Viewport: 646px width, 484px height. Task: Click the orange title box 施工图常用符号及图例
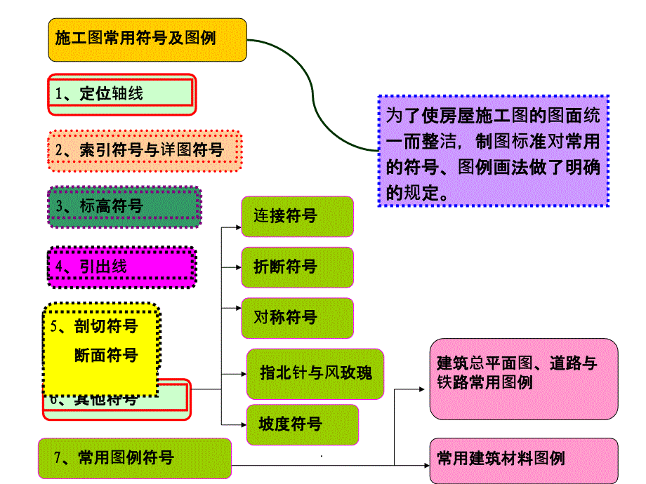[x=147, y=39]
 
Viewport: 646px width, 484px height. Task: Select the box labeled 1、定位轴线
[x=121, y=94]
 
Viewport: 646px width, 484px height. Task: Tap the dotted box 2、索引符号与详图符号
[x=145, y=150]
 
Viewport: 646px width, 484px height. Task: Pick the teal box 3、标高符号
[x=124, y=206]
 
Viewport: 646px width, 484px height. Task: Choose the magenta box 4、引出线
[x=121, y=267]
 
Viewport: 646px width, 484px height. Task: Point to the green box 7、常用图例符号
[x=134, y=459]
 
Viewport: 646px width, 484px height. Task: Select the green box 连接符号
[x=297, y=216]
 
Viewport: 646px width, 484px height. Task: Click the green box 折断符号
[x=297, y=267]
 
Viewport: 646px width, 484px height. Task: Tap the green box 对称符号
[x=297, y=318]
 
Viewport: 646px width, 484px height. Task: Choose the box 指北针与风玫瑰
[x=315, y=372]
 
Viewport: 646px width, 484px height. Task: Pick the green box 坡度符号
[x=302, y=424]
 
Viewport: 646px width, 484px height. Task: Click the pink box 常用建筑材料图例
[x=524, y=460]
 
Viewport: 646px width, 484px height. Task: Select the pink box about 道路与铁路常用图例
[x=524, y=378]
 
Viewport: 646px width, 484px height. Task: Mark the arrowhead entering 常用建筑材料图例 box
[x=424, y=464]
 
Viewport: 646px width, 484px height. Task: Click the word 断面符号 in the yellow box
[x=105, y=356]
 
